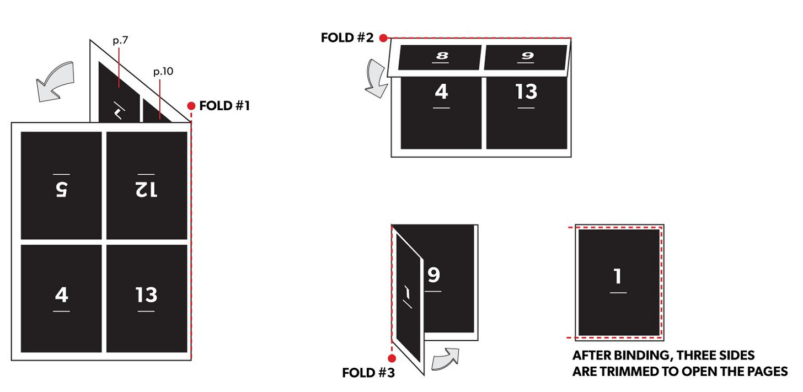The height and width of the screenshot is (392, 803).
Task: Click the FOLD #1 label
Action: coord(224,106)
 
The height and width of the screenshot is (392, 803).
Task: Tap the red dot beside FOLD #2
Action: coord(383,38)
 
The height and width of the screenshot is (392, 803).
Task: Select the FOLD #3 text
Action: coord(368,373)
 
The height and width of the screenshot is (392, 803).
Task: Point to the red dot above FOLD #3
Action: coord(392,358)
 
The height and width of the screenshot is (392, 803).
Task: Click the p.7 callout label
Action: coord(120,40)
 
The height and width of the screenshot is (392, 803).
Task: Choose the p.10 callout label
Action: coord(163,71)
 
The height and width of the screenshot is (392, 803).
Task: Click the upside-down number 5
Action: coord(61,190)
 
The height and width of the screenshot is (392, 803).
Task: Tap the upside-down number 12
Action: coord(146,190)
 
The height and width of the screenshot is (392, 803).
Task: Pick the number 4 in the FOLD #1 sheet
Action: coord(61,295)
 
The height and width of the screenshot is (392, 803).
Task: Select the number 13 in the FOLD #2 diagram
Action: coord(526,92)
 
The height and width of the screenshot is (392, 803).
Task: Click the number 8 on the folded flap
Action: coord(442,56)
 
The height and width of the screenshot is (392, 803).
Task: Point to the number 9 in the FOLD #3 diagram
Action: coord(433,275)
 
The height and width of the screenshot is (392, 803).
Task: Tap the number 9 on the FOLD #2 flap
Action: coord(527,56)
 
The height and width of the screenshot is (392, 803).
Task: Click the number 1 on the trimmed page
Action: coord(618,276)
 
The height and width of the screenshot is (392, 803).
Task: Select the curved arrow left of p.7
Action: coord(55,82)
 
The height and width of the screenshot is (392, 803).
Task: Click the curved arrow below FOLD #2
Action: coord(377,78)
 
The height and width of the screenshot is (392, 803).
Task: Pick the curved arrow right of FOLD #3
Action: coord(445,359)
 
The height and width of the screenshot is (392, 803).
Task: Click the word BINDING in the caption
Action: coord(640,355)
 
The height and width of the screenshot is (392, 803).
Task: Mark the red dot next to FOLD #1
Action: coord(191,106)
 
